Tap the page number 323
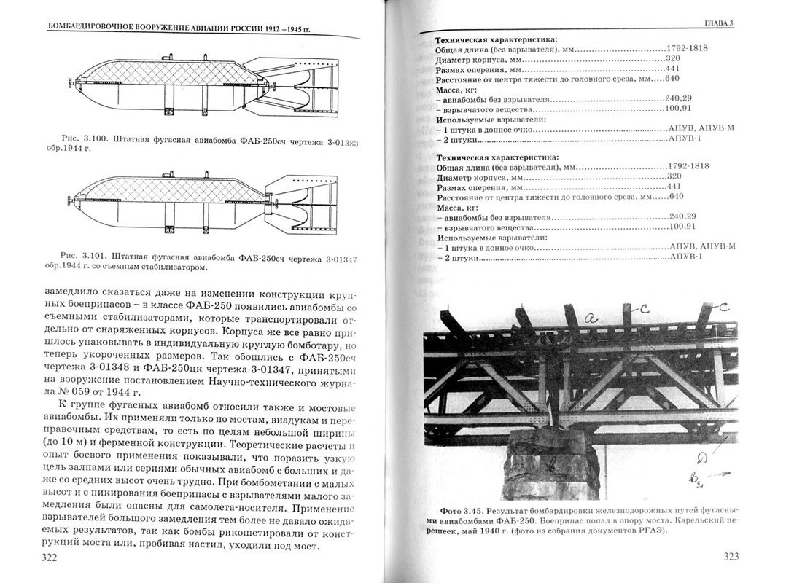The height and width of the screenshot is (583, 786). coord(731,557)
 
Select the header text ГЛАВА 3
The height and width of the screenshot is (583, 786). coord(717,23)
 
